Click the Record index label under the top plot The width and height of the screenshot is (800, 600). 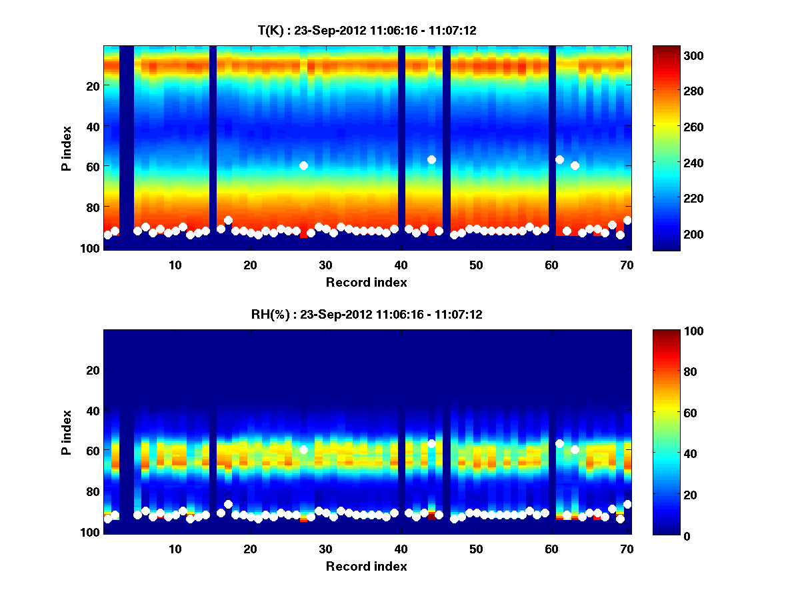click(x=366, y=282)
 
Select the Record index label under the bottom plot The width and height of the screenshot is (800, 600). click(x=366, y=566)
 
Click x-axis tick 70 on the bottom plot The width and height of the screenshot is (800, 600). click(x=627, y=549)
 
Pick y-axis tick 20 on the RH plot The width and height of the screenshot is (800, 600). click(x=92, y=370)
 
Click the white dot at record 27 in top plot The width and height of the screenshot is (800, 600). click(x=303, y=165)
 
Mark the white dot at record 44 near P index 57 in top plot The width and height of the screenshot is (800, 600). click(x=431, y=159)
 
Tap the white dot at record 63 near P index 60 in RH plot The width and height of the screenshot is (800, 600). click(x=575, y=449)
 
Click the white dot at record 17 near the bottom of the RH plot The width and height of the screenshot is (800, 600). click(x=228, y=504)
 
